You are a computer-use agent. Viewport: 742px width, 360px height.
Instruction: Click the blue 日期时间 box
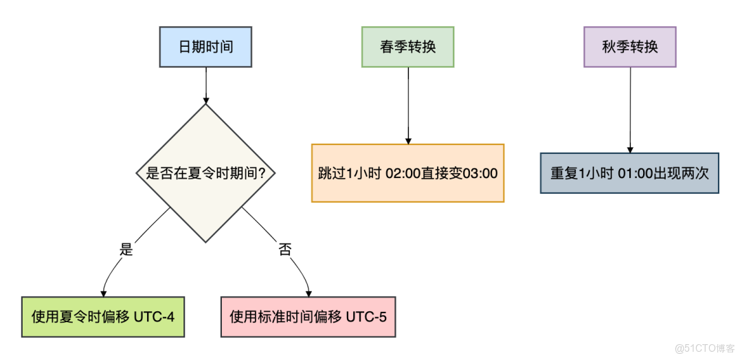[x=205, y=47]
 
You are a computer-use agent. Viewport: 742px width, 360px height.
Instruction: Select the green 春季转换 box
[x=408, y=47]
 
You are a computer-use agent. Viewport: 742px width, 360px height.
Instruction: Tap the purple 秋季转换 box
[x=629, y=47]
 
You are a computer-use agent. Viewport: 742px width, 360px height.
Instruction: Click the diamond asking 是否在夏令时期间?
[x=206, y=173]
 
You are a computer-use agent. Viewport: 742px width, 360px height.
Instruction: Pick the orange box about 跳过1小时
[x=407, y=173]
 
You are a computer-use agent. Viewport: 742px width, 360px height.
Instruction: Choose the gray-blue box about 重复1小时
[x=629, y=172]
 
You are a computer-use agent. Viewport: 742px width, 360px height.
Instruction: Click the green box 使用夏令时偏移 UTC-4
[x=103, y=317]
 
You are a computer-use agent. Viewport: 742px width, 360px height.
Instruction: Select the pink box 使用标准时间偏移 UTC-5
[x=308, y=317]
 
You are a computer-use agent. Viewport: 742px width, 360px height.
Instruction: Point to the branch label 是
[x=126, y=249]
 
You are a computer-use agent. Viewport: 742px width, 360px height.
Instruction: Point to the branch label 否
[x=284, y=249]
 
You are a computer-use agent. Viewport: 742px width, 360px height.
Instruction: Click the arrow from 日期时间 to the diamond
[x=206, y=85]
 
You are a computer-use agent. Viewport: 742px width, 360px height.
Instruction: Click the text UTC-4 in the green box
[x=157, y=317]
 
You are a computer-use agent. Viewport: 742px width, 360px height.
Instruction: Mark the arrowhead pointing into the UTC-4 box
[x=103, y=292]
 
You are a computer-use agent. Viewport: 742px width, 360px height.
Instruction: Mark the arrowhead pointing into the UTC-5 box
[x=308, y=292]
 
